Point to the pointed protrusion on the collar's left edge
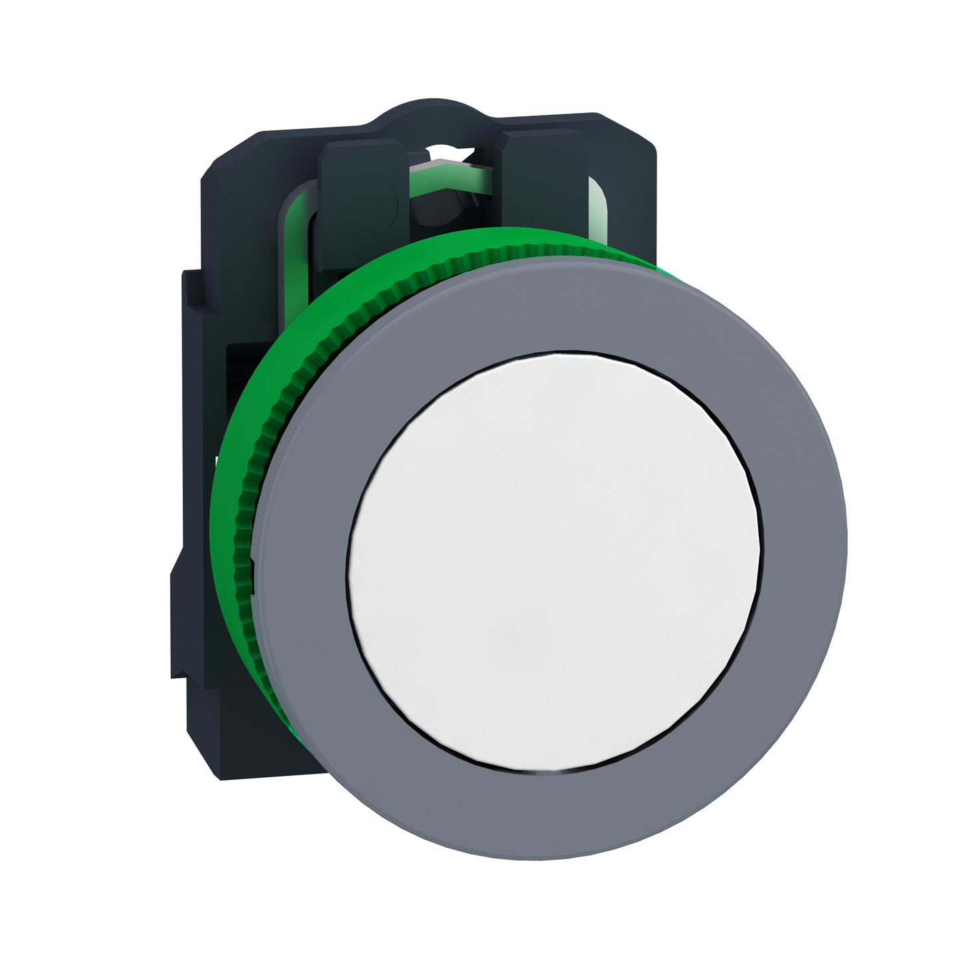(x=176, y=571)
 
